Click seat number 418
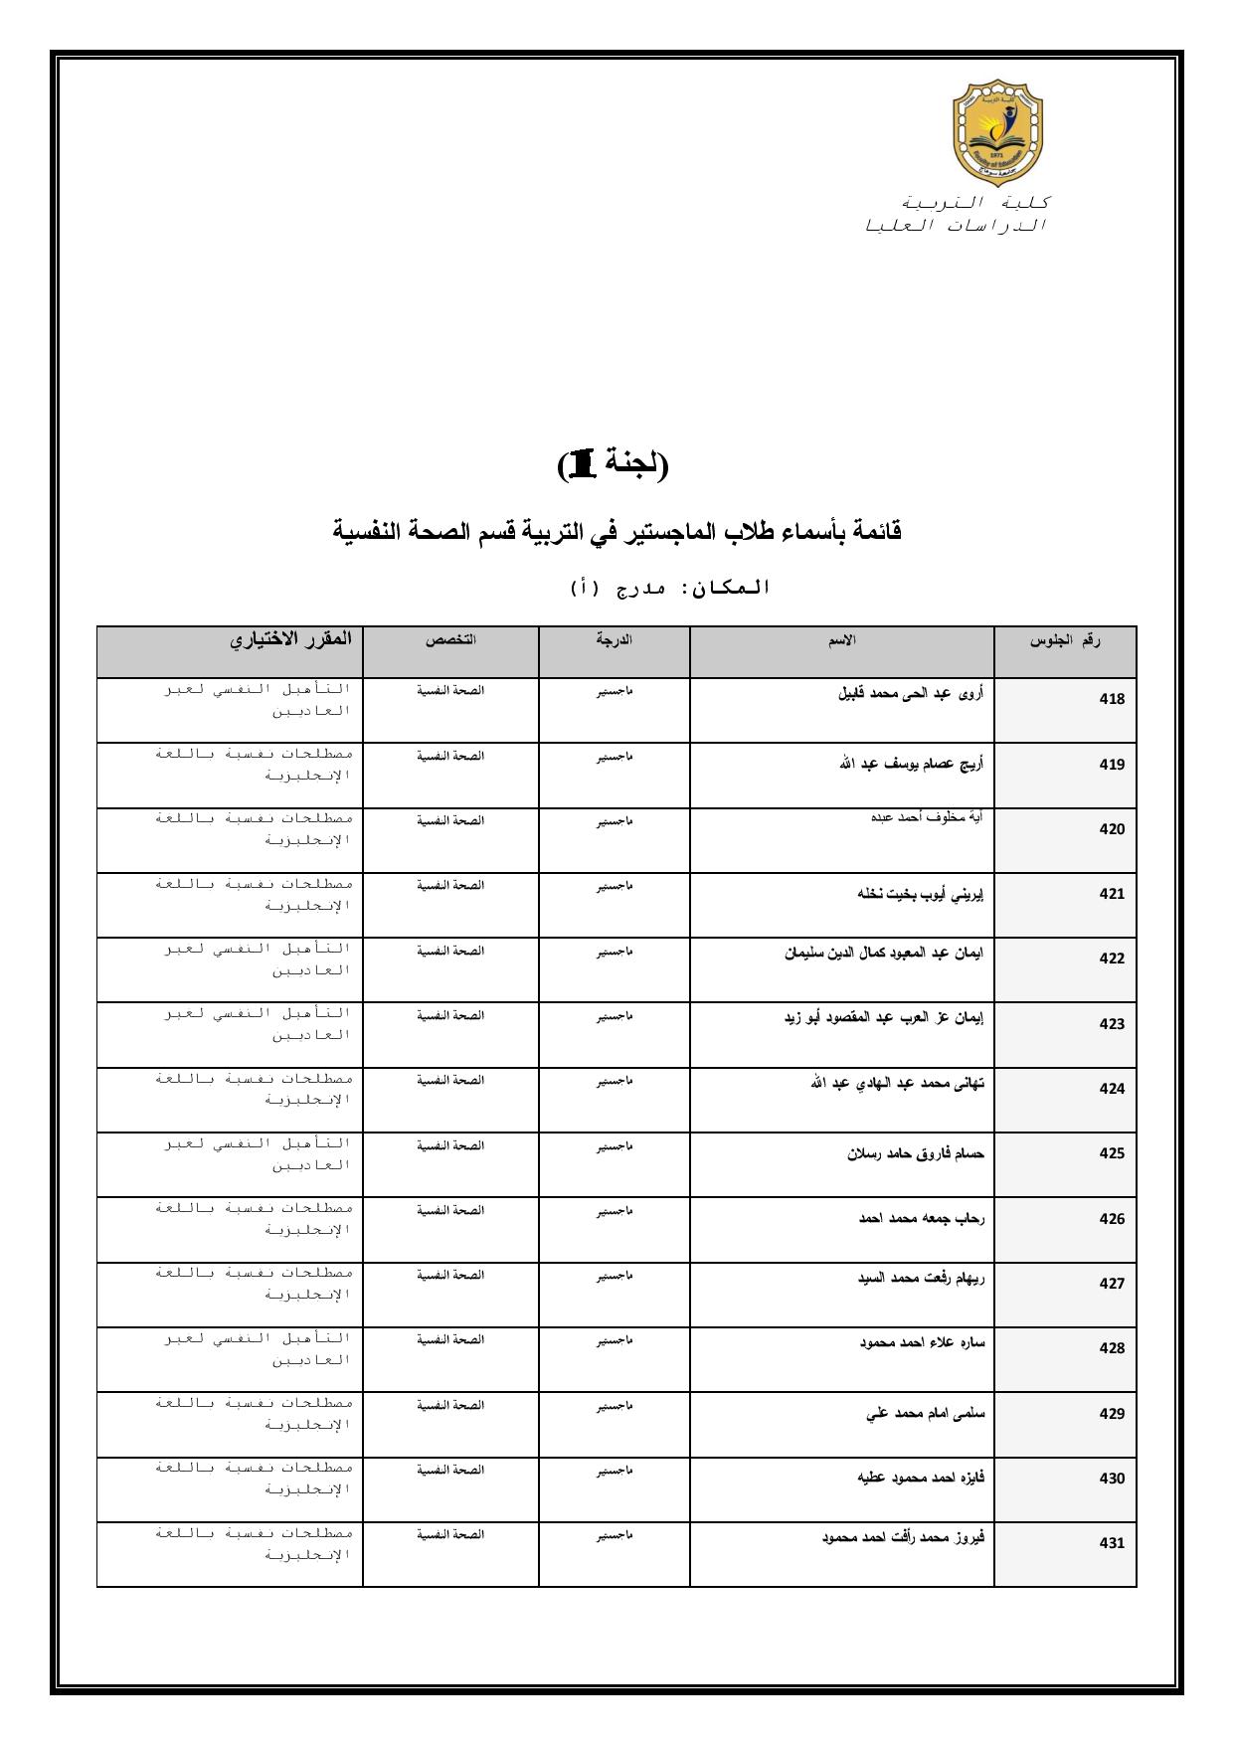tap(1112, 699)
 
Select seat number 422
tap(1112, 959)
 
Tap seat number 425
tap(1112, 1153)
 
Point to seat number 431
tap(1112, 1543)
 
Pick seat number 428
tap(1112, 1348)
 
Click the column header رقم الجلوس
tap(1065, 641)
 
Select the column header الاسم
tap(842, 641)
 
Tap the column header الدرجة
tap(615, 641)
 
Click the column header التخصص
tap(451, 641)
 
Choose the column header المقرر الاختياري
tap(291, 639)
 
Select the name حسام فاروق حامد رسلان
tap(916, 1154)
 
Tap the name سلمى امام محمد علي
tap(926, 1413)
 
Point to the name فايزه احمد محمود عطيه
tap(921, 1478)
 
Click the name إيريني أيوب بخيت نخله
tap(921, 894)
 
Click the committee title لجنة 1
tap(614, 464)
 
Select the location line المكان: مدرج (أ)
tap(670, 589)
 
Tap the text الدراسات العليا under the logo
tap(957, 226)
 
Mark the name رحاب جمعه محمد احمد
tap(922, 1218)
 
